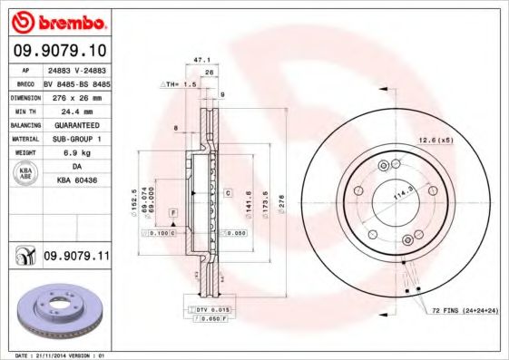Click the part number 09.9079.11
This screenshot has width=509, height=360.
point(75,258)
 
